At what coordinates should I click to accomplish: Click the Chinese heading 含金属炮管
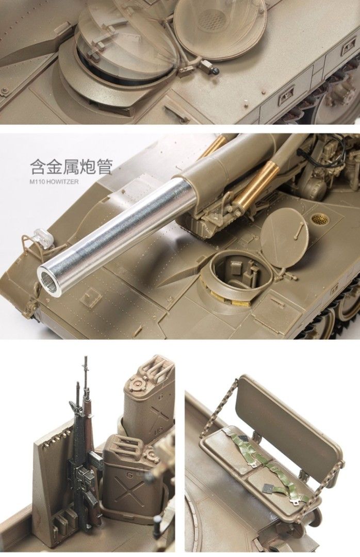coord(71,167)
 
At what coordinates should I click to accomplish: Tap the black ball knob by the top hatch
coord(216,70)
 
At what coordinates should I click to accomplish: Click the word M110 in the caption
coord(38,181)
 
